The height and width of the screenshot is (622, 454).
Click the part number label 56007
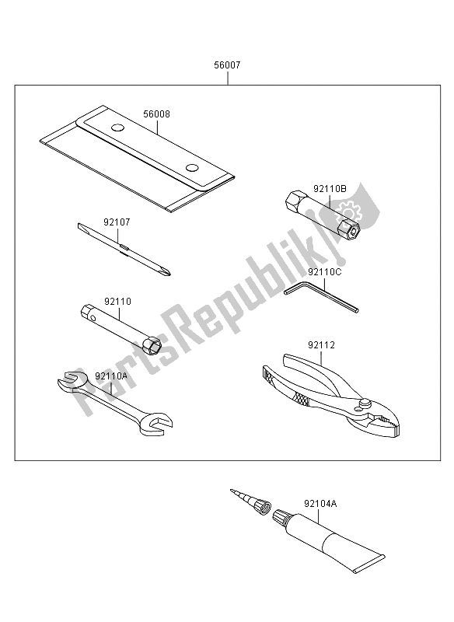pyautogui.click(x=227, y=65)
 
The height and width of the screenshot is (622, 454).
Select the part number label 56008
pyautogui.click(x=156, y=114)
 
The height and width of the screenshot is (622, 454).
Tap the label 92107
pyautogui.click(x=117, y=222)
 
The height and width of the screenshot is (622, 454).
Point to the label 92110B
pyautogui.click(x=330, y=189)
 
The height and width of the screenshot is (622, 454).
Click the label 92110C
pyautogui.click(x=324, y=272)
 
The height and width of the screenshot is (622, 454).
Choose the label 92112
pyautogui.click(x=321, y=345)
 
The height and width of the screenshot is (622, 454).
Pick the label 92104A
pyautogui.click(x=320, y=504)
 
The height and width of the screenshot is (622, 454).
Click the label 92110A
pyautogui.click(x=111, y=376)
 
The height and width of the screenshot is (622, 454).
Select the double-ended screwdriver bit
pyautogui.click(x=124, y=249)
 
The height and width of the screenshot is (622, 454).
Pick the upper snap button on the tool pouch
pyautogui.click(x=117, y=128)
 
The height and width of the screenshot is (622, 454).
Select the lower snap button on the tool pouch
pyautogui.click(x=193, y=168)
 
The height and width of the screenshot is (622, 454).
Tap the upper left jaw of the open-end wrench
pyautogui.click(x=72, y=379)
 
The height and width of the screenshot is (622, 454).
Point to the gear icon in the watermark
pyautogui.click(x=348, y=210)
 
